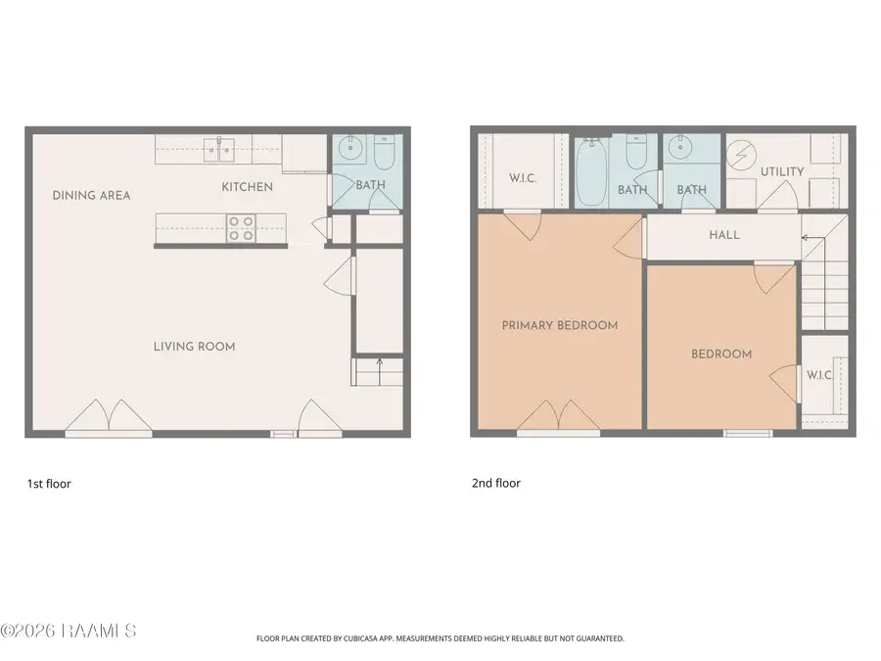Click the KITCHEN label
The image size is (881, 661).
[247, 187]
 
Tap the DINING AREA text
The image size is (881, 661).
[91, 196]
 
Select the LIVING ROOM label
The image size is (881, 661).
[194, 347]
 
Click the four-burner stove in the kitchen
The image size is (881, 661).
[241, 228]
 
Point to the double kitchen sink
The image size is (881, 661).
[219, 150]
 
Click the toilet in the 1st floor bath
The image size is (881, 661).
[383, 153]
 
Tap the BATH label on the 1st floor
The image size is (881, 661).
[370, 185]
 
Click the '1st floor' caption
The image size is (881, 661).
[49, 484]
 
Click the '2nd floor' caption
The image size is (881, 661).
[496, 484]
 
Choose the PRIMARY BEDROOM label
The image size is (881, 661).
[560, 325]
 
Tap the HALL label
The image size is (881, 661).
[724, 236]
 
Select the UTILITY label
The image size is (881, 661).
[782, 172]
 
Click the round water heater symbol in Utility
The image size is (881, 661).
[740, 156]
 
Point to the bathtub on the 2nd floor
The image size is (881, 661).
[590, 172]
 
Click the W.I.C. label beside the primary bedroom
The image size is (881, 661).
[524, 179]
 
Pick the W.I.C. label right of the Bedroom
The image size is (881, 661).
[818, 375]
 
